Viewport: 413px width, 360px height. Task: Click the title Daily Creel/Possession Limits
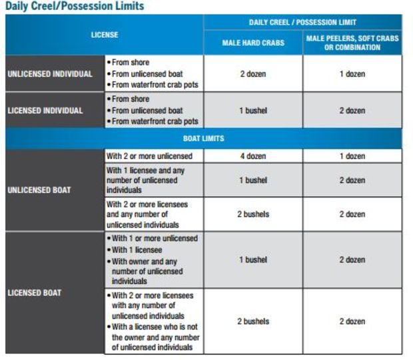point(74,6)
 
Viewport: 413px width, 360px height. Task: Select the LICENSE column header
point(105,35)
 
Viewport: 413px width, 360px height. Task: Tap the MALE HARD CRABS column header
point(252,43)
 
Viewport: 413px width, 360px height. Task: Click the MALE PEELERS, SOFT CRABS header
point(352,43)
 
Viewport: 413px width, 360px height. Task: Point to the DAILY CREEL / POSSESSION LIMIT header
point(302,22)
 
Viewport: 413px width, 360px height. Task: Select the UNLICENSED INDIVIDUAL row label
point(50,74)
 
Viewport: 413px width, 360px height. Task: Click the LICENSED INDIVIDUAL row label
point(45,110)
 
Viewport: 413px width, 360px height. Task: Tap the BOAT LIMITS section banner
point(203,139)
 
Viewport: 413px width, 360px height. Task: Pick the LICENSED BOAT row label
point(35,292)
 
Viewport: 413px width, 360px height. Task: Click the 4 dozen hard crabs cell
point(252,156)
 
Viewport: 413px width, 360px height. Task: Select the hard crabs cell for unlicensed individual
point(252,74)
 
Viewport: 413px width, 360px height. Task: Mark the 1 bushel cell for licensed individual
point(252,110)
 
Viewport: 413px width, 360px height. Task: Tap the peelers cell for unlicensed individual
point(352,74)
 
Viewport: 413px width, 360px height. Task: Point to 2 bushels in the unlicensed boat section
point(252,214)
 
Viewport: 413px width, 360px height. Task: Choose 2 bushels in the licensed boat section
point(252,321)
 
